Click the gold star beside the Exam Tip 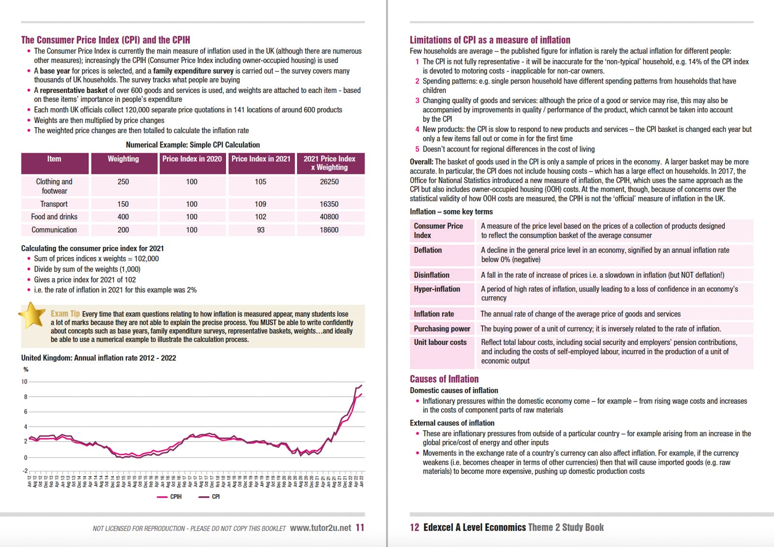tap(32, 315)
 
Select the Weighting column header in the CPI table tap(123, 159)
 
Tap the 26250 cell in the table tap(329, 182)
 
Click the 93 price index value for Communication tap(261, 230)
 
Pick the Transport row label tap(54, 204)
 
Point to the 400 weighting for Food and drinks tap(123, 217)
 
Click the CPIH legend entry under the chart tap(170, 497)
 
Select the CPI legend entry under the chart tap(210, 497)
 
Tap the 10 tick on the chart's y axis tap(24, 381)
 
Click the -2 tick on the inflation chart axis tap(25, 471)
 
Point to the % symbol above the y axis tap(26, 369)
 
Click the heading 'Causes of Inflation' tap(444, 379)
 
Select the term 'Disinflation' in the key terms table tap(432, 275)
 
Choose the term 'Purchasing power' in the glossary tap(442, 329)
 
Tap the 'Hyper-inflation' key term tap(437, 289)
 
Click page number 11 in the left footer tap(359, 528)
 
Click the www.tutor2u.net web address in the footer tap(320, 528)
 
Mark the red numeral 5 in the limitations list tap(417, 149)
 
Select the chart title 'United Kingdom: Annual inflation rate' tap(98, 358)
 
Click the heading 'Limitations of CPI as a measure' tap(490, 40)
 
